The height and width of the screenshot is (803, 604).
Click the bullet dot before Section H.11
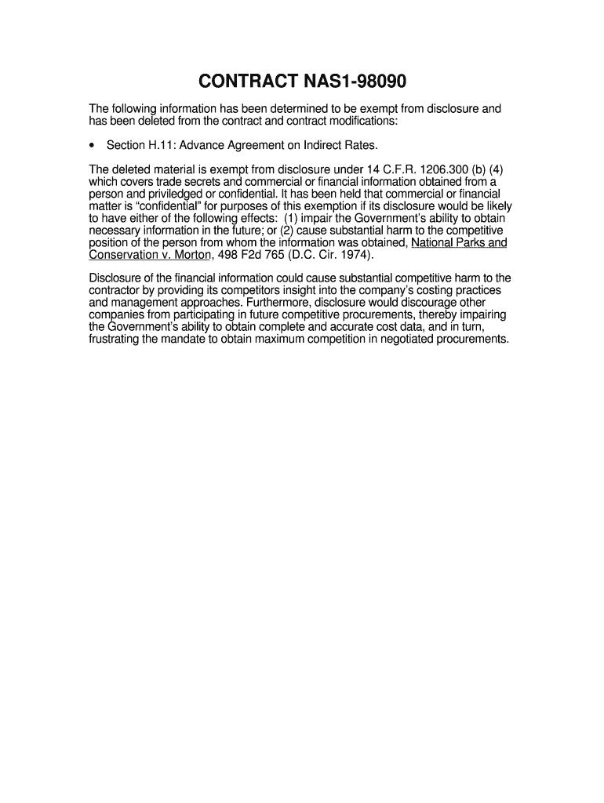pos(93,145)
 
